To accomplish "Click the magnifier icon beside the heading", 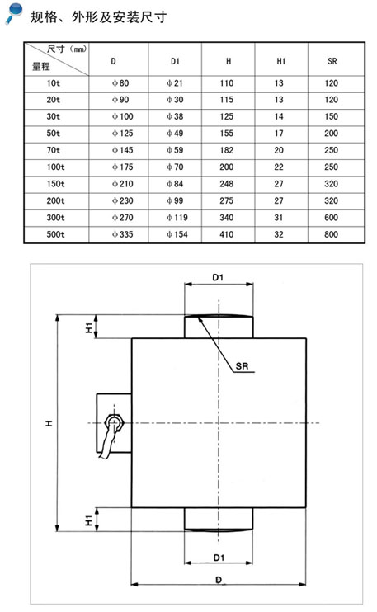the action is coord(15,13).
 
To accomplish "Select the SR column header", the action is coord(332,61).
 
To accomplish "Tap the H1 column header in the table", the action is coord(281,61).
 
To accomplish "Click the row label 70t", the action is coord(54,150).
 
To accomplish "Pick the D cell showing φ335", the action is coord(123,234).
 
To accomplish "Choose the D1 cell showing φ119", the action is coord(177,218).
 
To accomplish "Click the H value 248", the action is coord(226,184).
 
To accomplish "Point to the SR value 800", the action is coord(331,234).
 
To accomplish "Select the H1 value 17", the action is coord(279,134).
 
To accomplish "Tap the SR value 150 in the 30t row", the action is coord(331,116).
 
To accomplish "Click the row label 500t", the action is coord(56,234).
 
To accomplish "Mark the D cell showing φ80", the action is coord(120,83).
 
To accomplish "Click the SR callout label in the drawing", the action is coord(242,366).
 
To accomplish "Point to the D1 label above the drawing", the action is coord(218,277).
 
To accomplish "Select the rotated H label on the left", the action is coord(49,423).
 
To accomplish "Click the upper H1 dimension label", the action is coord(89,327).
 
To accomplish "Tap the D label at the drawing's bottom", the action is coord(219,580).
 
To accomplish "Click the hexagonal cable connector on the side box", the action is coord(114,422).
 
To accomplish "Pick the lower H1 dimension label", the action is coord(89,520).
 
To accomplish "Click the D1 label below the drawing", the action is coord(219,558).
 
